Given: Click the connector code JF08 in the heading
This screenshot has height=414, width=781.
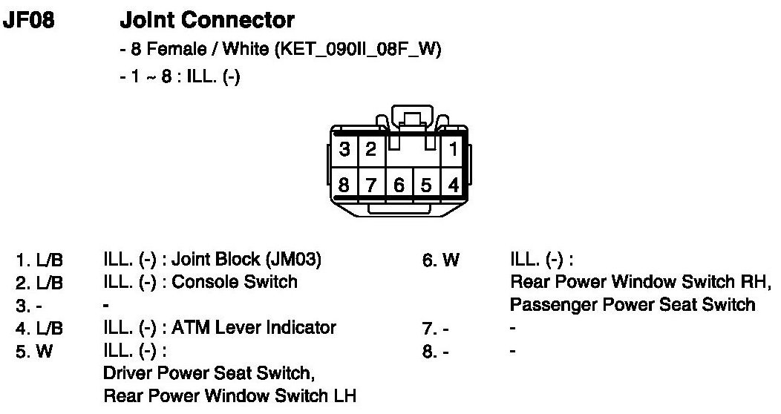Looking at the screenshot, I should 29,20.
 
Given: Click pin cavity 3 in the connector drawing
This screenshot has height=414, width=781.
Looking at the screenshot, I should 344,150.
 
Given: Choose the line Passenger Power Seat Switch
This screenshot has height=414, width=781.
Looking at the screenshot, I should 633,305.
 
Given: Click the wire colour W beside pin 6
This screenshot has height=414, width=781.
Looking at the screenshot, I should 451,260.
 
